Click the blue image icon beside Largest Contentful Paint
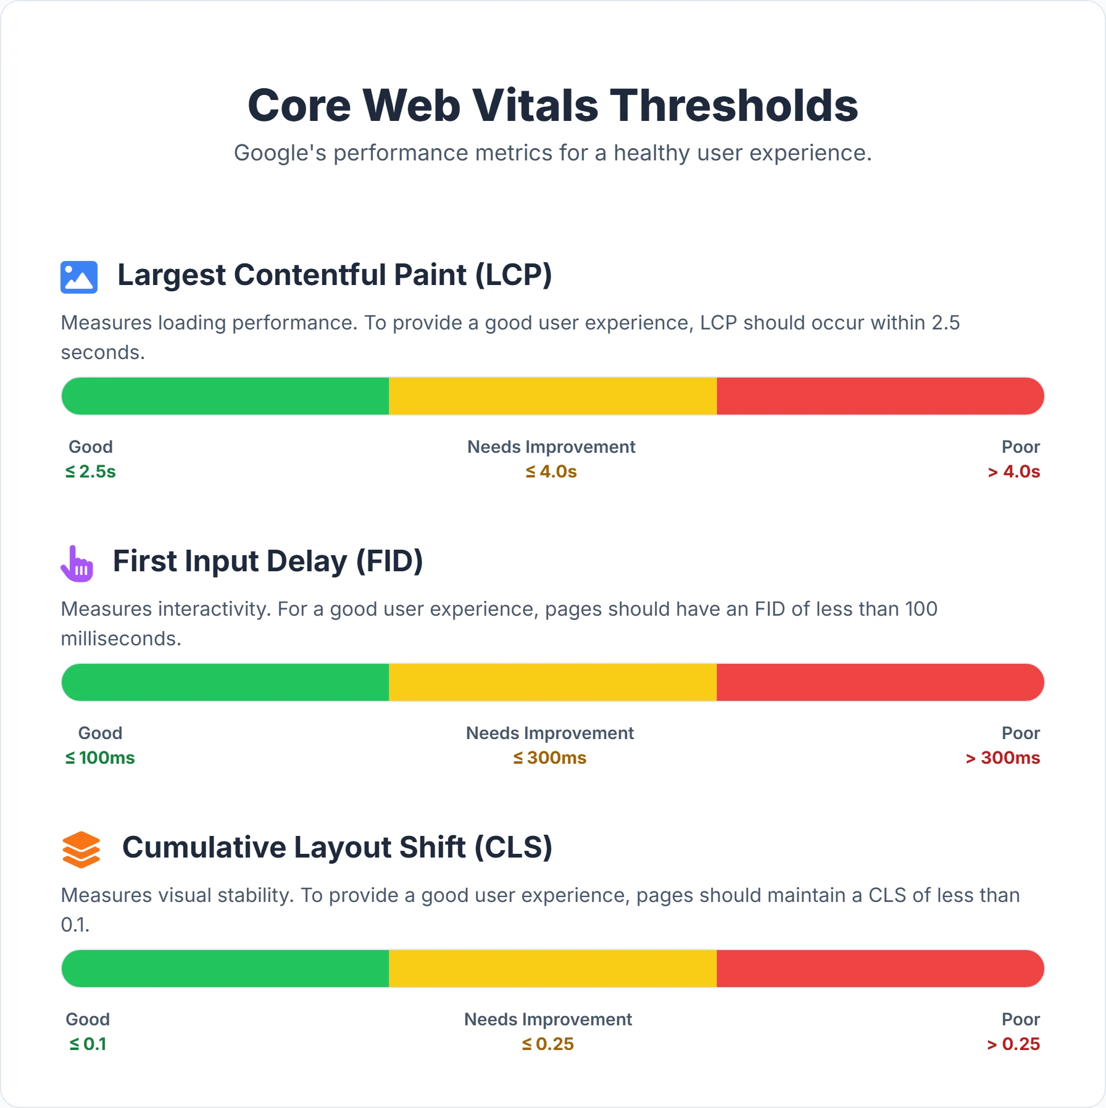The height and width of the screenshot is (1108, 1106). click(79, 277)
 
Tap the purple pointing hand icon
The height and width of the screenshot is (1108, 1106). click(77, 564)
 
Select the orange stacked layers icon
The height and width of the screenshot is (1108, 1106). click(81, 850)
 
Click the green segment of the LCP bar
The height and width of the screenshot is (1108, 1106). click(225, 396)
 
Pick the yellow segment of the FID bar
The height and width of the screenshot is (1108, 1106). click(552, 682)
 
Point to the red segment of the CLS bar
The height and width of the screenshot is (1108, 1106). click(879, 969)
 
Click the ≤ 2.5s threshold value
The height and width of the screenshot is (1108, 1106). click(91, 472)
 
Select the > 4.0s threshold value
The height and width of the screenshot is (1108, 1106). click(1013, 472)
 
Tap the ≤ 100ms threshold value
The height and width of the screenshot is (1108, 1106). click(100, 758)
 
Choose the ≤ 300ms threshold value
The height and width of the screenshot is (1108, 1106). click(550, 758)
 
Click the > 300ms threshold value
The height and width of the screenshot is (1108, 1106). click(1002, 758)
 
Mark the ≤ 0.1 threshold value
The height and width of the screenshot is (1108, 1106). click(88, 1044)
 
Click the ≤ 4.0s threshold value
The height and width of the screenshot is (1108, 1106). click(551, 472)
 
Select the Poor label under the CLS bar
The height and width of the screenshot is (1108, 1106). click(1020, 1019)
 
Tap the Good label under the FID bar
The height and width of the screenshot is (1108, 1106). click(100, 733)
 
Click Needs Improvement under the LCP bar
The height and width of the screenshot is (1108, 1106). click(551, 447)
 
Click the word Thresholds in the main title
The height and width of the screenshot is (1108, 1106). click(734, 105)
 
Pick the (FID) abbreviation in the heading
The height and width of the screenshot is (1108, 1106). click(389, 561)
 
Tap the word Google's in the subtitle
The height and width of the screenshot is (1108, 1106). click(280, 153)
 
